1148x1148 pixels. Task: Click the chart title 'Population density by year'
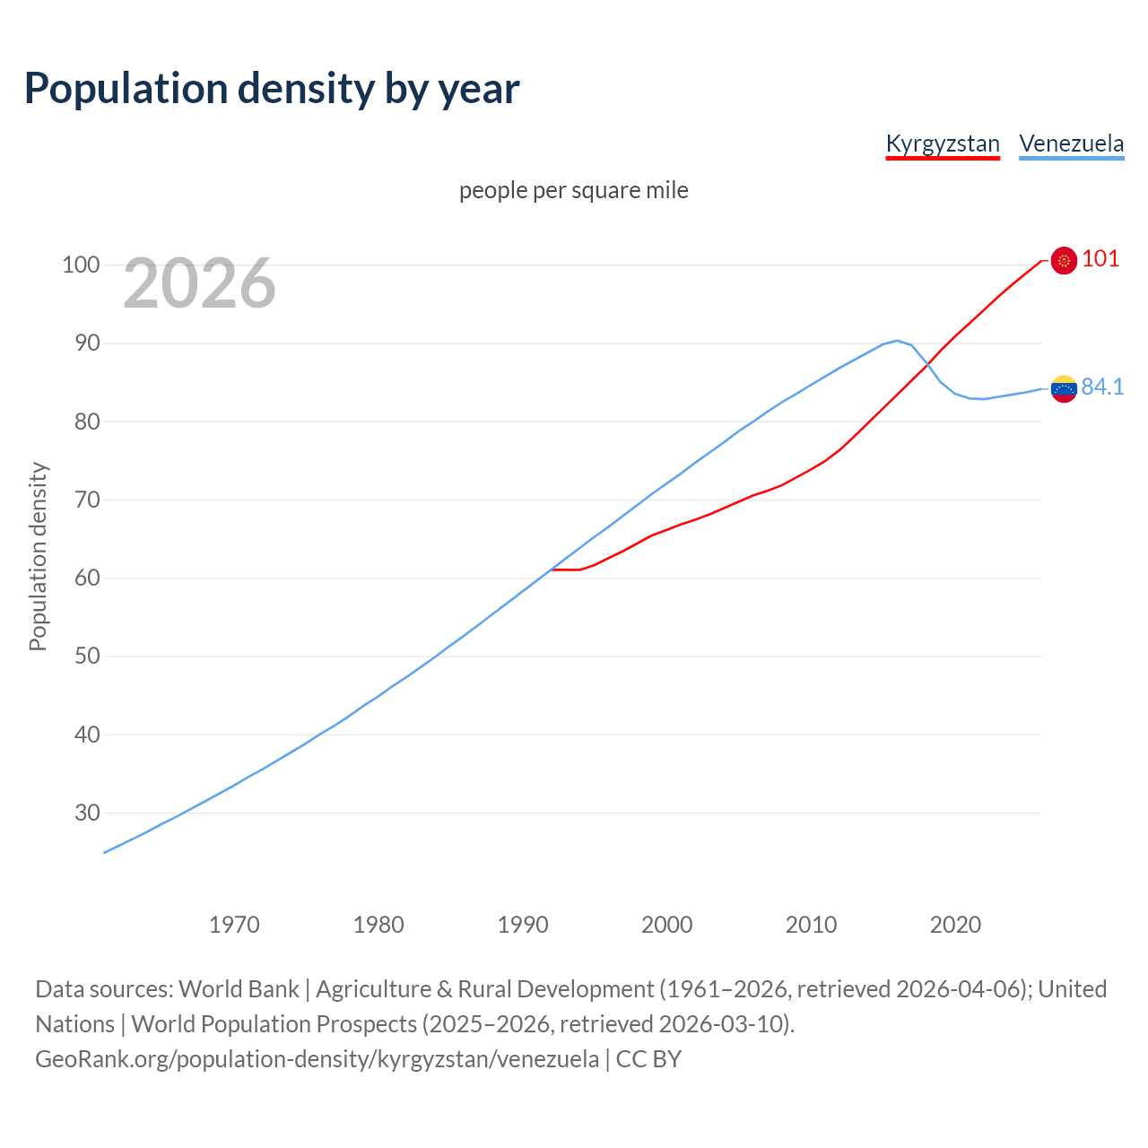[x=272, y=89]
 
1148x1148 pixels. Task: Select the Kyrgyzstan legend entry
[x=942, y=144]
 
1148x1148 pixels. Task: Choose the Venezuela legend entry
[x=1071, y=144]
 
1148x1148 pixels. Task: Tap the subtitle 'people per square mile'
[x=573, y=191]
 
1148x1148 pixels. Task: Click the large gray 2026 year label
[x=199, y=283]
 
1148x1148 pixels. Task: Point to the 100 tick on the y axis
[x=80, y=265]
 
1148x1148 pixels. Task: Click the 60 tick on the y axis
[x=86, y=578]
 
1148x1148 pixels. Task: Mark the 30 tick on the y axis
[x=86, y=813]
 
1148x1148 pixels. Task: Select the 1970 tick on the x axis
[x=234, y=925]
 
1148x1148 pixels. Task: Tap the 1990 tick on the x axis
[x=523, y=925]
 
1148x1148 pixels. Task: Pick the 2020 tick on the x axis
[x=955, y=925]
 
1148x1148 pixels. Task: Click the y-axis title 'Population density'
[x=38, y=556]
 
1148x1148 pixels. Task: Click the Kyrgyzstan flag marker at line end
[x=1064, y=260]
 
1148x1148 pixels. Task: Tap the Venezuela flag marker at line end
[x=1064, y=389]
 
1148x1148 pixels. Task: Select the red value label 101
[x=1100, y=259]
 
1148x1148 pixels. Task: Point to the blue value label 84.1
[x=1102, y=387]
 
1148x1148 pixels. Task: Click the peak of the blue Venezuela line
[x=897, y=341]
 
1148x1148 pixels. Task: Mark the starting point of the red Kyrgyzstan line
[x=552, y=570]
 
